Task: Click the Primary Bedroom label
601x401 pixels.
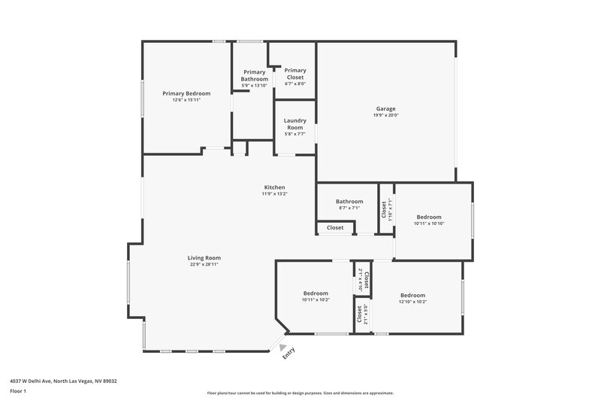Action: [x=186, y=93]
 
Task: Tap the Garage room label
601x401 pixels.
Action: [x=386, y=108]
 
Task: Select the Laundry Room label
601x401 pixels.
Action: [x=294, y=124]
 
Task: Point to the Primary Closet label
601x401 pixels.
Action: [x=294, y=74]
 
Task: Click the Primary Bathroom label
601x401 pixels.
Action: [x=254, y=75]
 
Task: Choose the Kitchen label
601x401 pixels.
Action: [x=274, y=187]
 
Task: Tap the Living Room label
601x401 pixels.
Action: [x=204, y=258]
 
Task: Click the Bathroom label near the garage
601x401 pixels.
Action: [x=349, y=201]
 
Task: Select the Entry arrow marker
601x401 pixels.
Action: [x=282, y=347]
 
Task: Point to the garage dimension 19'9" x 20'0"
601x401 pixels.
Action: [x=386, y=115]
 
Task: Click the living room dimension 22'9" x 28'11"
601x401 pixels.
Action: [x=204, y=265]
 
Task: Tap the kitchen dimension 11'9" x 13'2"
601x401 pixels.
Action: [x=274, y=194]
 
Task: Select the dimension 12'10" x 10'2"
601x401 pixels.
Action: [x=412, y=302]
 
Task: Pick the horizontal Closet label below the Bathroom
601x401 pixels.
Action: [x=335, y=227]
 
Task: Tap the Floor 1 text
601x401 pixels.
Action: [x=18, y=392]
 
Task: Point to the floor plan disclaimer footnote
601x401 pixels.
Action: [x=300, y=393]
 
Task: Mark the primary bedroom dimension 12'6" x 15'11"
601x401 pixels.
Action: [x=186, y=100]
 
